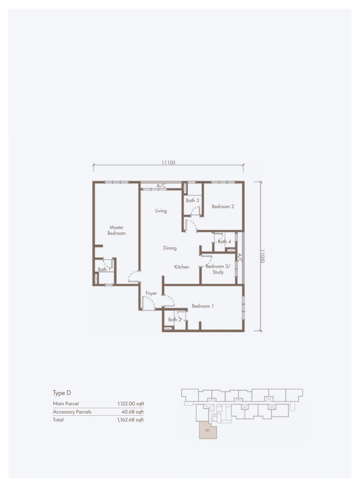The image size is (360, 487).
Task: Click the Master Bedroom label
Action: tap(116, 230)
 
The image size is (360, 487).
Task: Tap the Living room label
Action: tap(161, 211)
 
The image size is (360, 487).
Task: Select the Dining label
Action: tap(170, 248)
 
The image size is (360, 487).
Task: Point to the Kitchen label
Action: tap(181, 267)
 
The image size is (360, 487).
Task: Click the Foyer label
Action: tap(151, 293)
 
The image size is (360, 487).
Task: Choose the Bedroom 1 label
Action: tap(202, 306)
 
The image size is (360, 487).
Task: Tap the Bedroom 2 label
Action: tap(223, 206)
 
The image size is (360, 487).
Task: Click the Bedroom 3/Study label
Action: tap(218, 269)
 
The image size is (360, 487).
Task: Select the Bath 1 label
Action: tap(104, 269)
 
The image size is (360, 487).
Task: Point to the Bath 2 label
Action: tap(175, 319)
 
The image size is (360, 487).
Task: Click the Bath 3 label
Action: tap(192, 200)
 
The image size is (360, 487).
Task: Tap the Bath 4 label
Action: tap(224, 241)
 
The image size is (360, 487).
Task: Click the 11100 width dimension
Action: tap(169, 163)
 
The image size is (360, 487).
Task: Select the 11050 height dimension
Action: tap(262, 256)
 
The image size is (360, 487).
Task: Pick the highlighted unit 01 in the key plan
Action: tap(208, 430)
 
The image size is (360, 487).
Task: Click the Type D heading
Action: tap(62, 393)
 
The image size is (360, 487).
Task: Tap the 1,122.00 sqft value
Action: tap(131, 404)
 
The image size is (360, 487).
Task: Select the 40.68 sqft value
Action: tap(132, 412)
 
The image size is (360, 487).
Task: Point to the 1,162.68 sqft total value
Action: tap(130, 420)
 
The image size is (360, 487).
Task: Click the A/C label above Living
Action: tap(161, 186)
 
